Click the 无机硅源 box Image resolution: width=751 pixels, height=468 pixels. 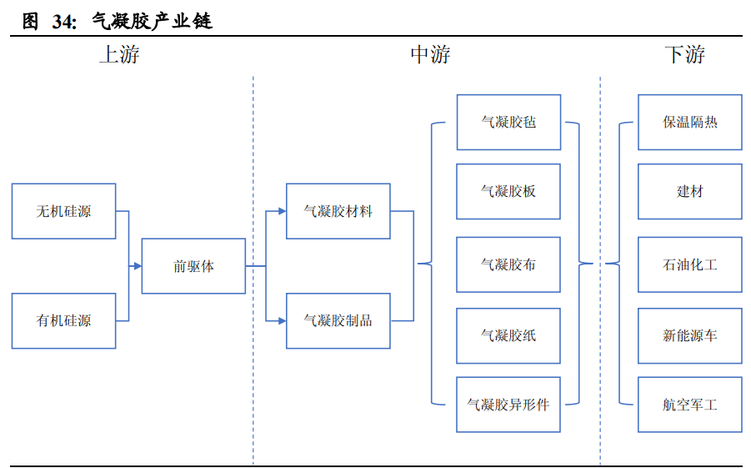click(63, 211)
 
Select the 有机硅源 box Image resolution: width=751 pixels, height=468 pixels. click(63, 320)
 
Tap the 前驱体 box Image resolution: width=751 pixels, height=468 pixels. click(193, 266)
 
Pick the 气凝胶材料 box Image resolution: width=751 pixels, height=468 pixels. click(338, 211)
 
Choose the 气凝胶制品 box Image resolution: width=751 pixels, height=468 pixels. click(338, 320)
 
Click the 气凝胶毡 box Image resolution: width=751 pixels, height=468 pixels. click(508, 122)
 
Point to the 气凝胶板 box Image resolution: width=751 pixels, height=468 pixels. click(508, 191)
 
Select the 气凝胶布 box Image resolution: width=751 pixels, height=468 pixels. click(508, 264)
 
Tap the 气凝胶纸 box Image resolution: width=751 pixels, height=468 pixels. click(508, 335)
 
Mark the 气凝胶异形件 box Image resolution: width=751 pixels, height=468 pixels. click(508, 405)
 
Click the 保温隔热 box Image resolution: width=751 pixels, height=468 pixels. click(689, 122)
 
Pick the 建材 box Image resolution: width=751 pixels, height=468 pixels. click(689, 191)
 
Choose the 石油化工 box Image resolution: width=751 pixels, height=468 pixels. click(689, 264)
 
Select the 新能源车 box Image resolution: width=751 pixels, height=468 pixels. click(689, 335)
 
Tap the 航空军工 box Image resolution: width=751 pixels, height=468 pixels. click(689, 405)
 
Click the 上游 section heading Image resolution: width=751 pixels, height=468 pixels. click(119, 55)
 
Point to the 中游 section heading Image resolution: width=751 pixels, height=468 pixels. click(430, 55)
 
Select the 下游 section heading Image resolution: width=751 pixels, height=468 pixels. click(684, 55)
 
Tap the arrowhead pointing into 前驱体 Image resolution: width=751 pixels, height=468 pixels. click(137, 266)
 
